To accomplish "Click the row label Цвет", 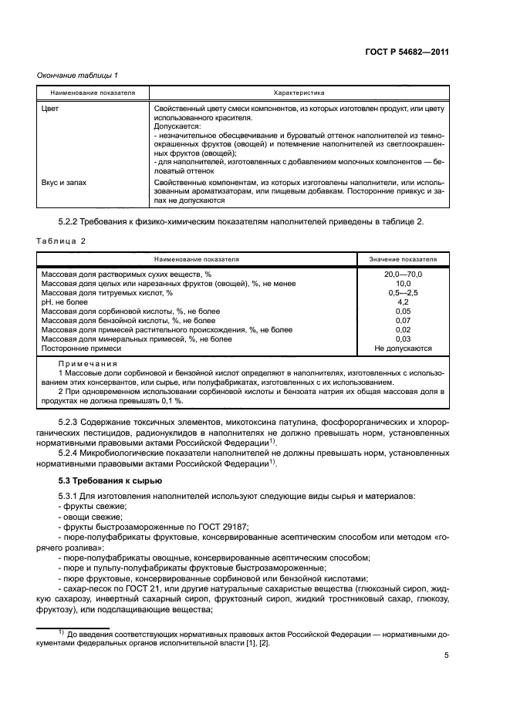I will pos(49,109).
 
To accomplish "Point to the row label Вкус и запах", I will pos(63,182).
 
